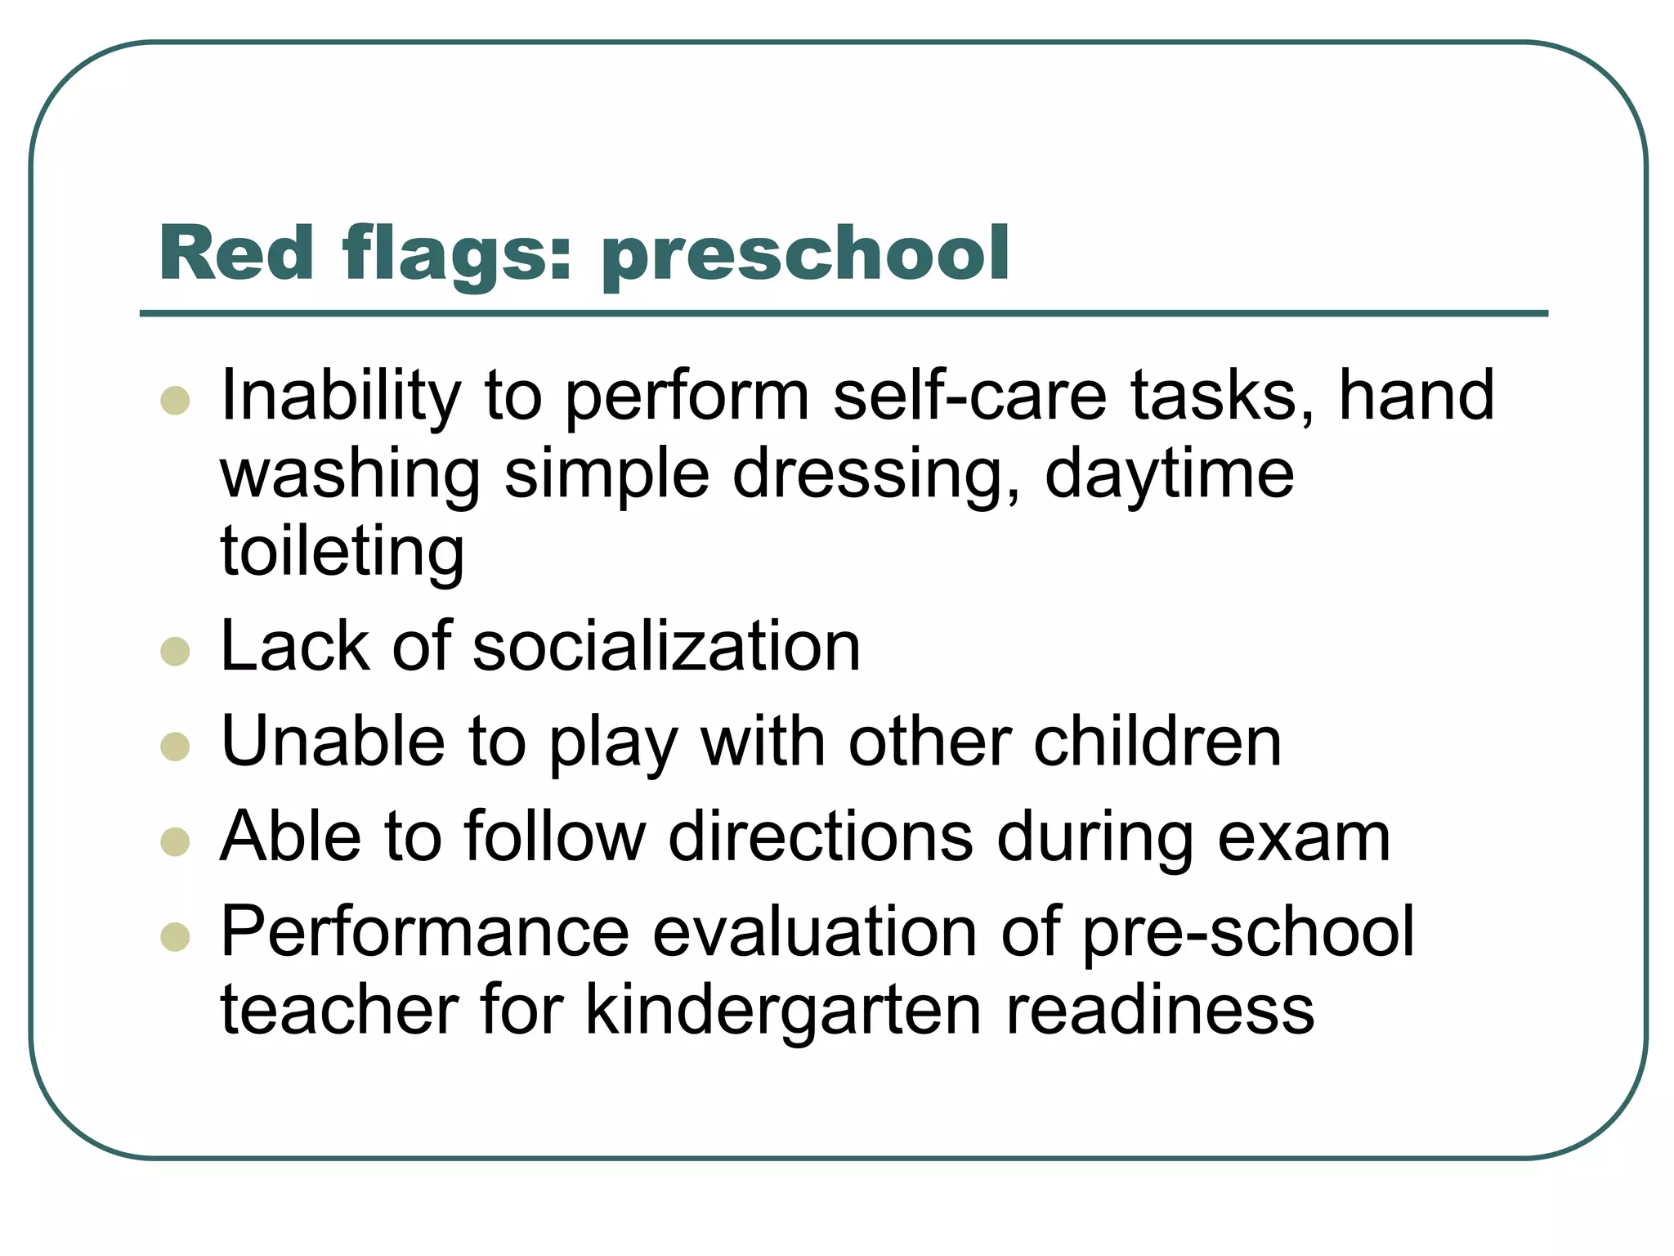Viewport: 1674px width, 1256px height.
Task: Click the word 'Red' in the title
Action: pos(236,253)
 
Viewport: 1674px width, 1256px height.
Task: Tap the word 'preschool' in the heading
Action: pos(805,255)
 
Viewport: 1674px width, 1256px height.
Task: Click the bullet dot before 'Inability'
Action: pos(176,400)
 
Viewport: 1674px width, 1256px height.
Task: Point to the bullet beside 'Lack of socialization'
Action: pos(176,651)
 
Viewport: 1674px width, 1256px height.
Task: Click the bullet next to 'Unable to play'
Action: pos(176,746)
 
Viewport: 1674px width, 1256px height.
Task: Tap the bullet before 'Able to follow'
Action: pos(176,841)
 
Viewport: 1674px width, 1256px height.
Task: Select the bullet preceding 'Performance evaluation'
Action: pos(176,936)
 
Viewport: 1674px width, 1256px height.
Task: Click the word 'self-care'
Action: pos(969,396)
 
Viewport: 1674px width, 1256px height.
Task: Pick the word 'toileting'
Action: pos(342,553)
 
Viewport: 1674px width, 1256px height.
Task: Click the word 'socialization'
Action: pos(666,647)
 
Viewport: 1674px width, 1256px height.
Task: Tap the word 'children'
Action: pos(1157,742)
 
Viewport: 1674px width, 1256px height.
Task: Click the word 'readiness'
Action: pos(1159,1010)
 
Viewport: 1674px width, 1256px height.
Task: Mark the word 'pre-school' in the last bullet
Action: pos(1248,932)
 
